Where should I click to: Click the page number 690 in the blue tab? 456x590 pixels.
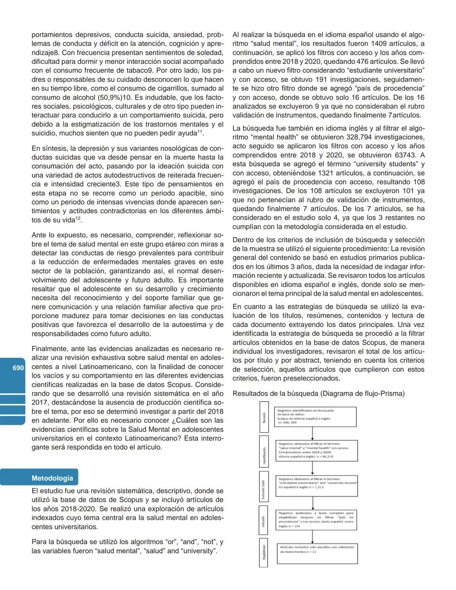(x=18, y=368)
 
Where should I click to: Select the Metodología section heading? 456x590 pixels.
(x=52, y=478)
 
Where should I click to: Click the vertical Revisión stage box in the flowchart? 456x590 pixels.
(x=264, y=417)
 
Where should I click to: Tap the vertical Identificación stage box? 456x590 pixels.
(x=264, y=451)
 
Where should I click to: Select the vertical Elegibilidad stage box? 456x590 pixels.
(x=264, y=552)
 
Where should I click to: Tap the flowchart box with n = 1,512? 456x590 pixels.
(x=317, y=483)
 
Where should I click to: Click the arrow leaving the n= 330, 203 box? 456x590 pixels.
(x=312, y=433)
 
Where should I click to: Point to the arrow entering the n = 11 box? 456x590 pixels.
(x=312, y=536)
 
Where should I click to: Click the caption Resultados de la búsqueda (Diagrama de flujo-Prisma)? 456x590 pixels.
(x=318, y=394)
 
